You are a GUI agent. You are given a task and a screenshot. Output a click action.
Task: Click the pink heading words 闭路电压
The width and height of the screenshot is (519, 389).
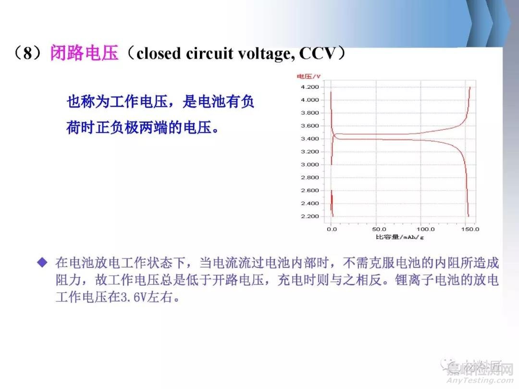click(84, 53)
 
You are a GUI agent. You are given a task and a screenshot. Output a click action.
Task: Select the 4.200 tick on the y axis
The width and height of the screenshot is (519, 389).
click(309, 87)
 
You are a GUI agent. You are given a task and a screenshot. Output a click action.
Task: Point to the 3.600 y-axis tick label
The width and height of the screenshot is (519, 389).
click(309, 126)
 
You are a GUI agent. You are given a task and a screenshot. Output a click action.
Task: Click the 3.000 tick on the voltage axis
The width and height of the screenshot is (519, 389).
click(309, 165)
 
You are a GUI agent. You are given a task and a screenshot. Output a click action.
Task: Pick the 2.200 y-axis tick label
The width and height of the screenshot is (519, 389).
click(309, 217)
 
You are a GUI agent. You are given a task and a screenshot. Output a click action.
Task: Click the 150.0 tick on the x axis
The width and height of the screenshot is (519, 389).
click(469, 229)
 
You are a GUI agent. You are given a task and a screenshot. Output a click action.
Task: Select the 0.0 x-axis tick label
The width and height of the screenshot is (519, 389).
click(332, 229)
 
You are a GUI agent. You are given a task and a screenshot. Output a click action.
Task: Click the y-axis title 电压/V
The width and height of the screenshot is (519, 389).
click(308, 77)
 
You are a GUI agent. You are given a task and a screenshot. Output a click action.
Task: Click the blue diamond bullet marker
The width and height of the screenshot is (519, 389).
click(43, 262)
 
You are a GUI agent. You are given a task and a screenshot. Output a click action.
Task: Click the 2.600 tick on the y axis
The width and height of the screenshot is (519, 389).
click(309, 191)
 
